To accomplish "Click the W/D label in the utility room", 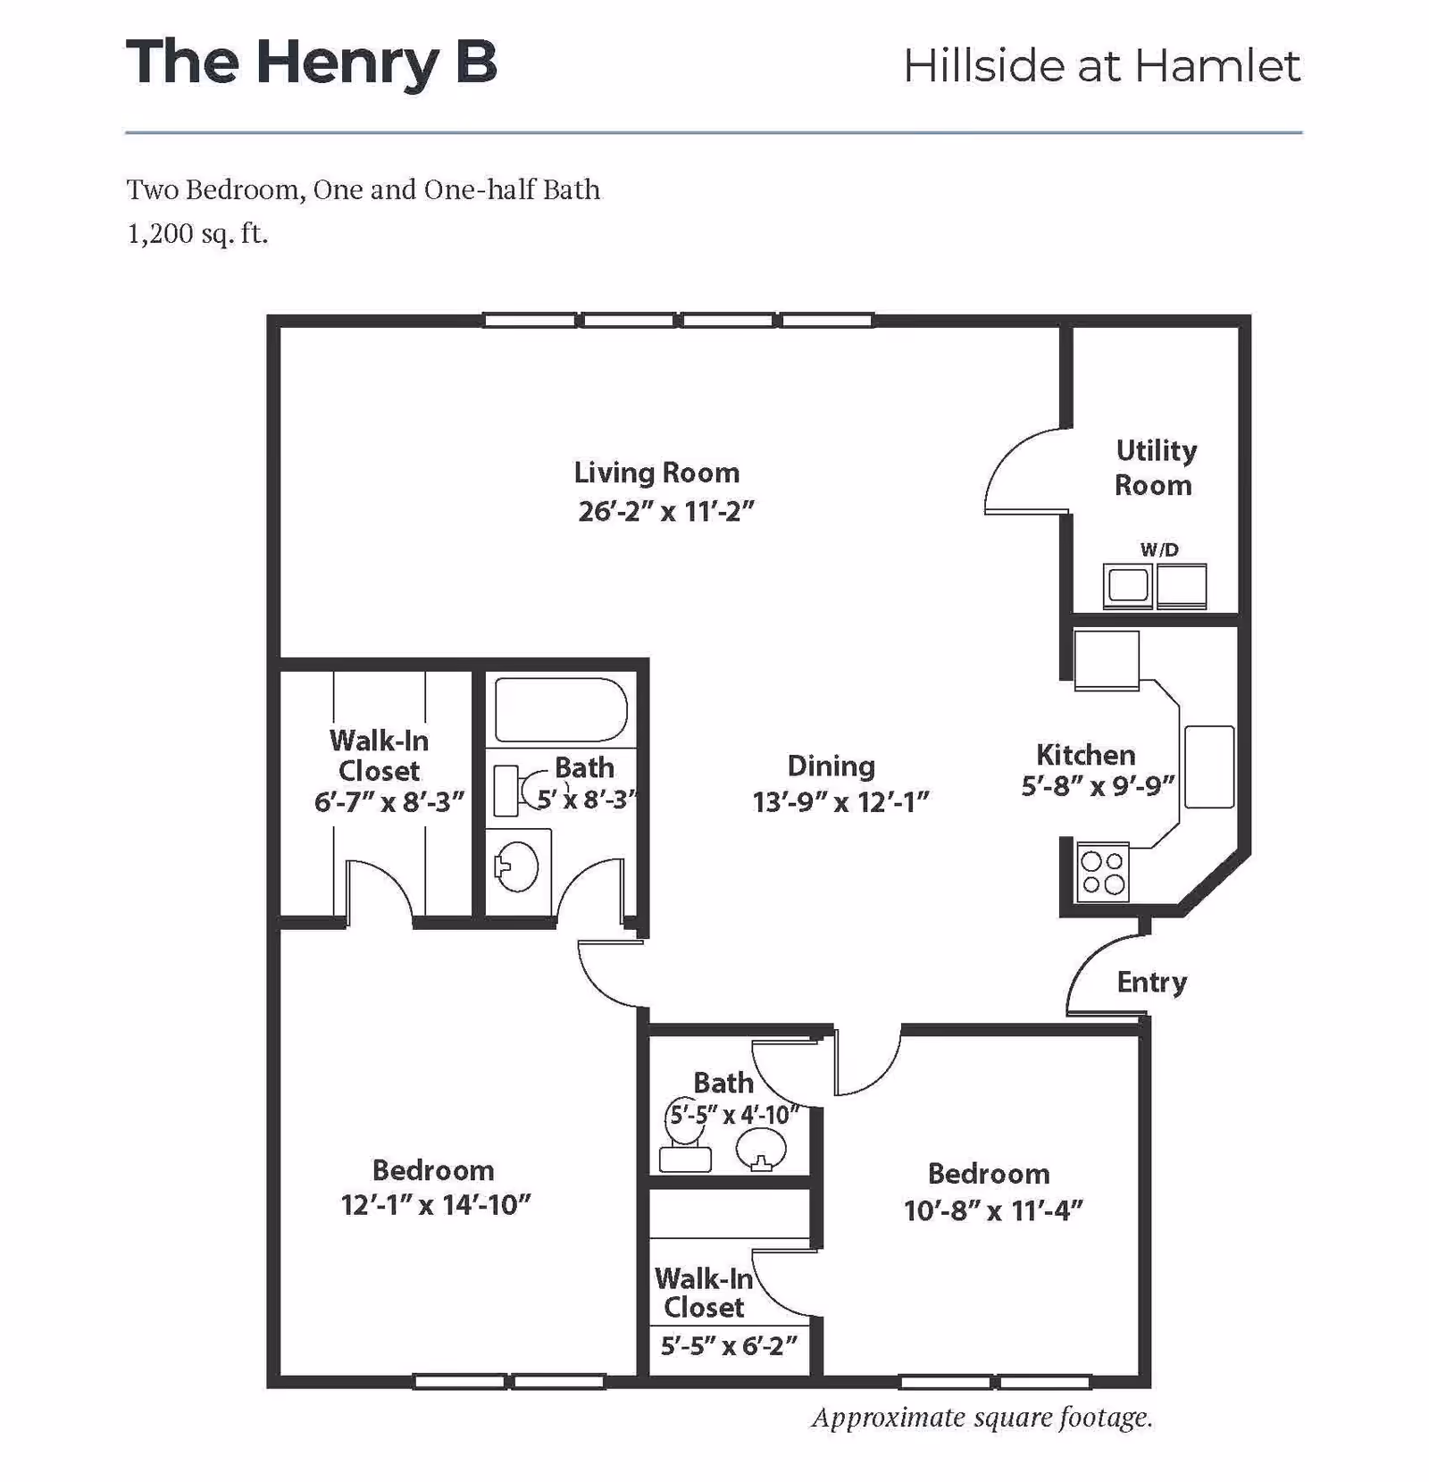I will tap(1159, 550).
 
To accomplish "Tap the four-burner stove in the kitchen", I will tap(1102, 873).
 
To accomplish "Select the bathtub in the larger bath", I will tap(561, 710).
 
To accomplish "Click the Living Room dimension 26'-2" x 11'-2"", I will tap(666, 512).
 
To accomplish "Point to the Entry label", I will tap(1151, 983).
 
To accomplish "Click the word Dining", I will tap(831, 766).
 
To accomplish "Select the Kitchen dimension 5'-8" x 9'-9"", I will tap(1098, 786).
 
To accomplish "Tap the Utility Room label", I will tap(1155, 468).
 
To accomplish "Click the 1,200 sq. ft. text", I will tap(197, 234).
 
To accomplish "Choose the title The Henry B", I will tap(311, 63).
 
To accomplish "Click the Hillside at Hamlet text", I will tap(1101, 66).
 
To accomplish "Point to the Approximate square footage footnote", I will tap(982, 1418).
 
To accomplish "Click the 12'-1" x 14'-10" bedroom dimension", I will tap(436, 1205).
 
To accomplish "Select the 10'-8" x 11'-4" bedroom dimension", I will tap(993, 1210).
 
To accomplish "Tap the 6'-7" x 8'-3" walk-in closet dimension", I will tap(389, 802).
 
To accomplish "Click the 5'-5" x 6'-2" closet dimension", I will tap(728, 1345).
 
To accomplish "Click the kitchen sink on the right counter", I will tap(1208, 766).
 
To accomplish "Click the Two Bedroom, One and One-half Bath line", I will tap(363, 190).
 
